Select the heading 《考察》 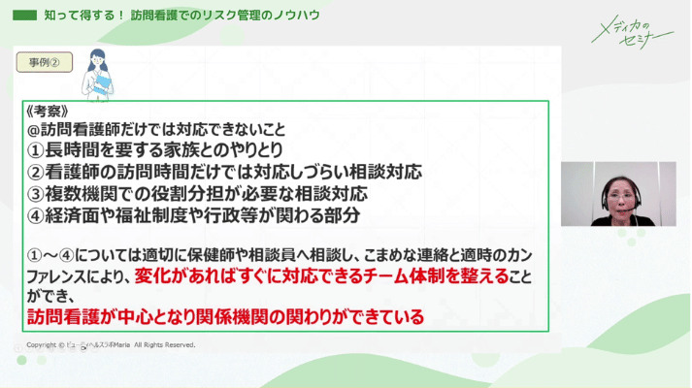pos(48,111)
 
